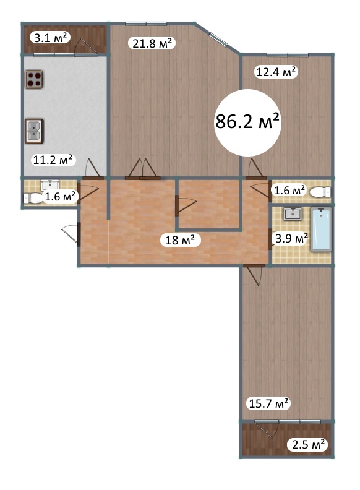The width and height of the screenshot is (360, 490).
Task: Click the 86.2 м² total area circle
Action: tap(247, 123)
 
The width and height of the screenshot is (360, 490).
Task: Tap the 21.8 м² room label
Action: tap(152, 43)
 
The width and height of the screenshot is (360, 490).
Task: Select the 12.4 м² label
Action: tap(276, 72)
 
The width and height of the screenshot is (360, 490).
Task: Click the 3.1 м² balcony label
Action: tap(50, 38)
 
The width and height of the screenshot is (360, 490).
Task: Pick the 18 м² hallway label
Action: tap(180, 240)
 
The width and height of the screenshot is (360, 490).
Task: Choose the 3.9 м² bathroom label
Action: tap(291, 238)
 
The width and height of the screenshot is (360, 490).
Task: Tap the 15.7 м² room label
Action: tap(268, 403)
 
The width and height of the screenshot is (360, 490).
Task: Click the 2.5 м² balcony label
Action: tap(308, 444)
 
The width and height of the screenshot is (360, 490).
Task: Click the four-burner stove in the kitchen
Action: tap(34, 79)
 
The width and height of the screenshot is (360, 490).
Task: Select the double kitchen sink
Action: tap(34, 131)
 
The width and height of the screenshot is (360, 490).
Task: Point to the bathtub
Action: tap(321, 229)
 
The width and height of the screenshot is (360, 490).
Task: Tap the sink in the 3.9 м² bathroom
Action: tap(293, 214)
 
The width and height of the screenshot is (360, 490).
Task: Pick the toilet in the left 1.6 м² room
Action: tap(32, 197)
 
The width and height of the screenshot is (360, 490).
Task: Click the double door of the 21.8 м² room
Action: tap(142, 169)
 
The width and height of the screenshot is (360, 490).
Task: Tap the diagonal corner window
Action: tap(218, 39)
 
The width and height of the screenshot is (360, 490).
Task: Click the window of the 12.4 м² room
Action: tap(288, 55)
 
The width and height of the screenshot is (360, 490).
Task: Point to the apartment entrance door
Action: tap(72, 234)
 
